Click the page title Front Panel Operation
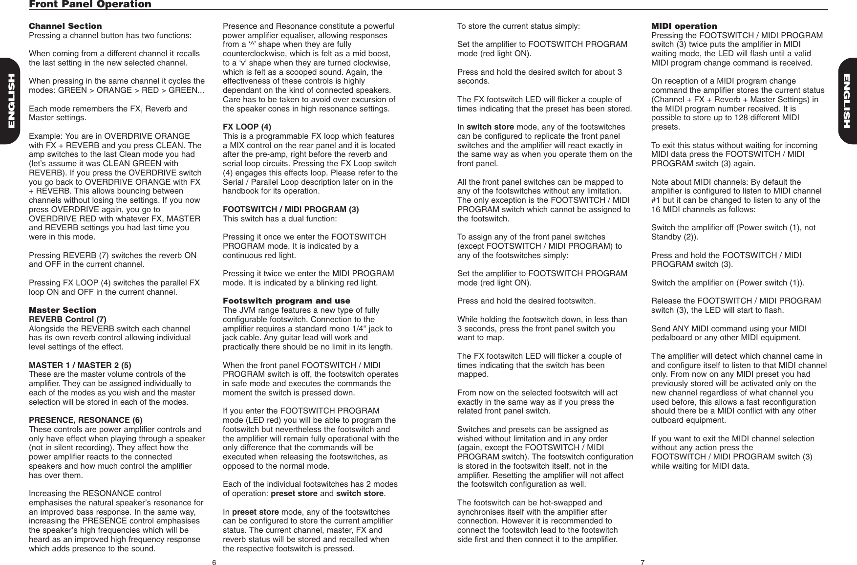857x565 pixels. point(90,4)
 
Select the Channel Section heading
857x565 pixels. point(65,26)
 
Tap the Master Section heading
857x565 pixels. point(63,310)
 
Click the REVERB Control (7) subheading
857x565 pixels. point(68,319)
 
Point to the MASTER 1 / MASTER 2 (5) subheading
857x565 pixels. point(80,365)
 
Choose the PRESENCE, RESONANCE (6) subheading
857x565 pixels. point(86,420)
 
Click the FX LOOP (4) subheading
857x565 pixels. point(247,127)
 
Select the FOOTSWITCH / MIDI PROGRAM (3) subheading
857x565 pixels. point(291,210)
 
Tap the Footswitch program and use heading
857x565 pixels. point(286,301)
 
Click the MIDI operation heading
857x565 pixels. point(684,26)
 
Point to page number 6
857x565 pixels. point(214,562)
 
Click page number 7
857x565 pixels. point(643,562)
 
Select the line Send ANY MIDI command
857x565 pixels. point(728,328)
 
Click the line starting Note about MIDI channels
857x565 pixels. point(726,182)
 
